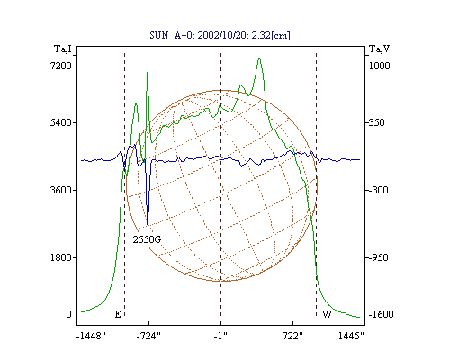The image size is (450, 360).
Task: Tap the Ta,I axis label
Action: click(x=63, y=49)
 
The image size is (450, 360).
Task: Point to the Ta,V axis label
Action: click(x=379, y=49)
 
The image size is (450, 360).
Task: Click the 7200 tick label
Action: click(x=61, y=66)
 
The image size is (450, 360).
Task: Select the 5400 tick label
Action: click(x=61, y=122)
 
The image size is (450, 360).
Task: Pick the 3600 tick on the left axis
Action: click(x=61, y=190)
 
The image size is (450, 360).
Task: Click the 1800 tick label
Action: click(x=61, y=257)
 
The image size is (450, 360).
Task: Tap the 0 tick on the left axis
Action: click(x=68, y=314)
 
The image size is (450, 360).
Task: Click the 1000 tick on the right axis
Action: click(x=379, y=66)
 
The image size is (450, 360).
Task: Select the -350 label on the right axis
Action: click(x=376, y=122)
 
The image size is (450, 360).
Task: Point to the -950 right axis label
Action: click(x=378, y=257)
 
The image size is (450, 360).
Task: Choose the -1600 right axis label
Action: click(x=381, y=314)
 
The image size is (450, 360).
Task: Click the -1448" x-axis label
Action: click(x=91, y=336)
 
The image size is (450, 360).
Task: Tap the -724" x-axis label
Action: click(x=148, y=336)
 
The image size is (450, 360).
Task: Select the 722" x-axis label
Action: click(x=292, y=336)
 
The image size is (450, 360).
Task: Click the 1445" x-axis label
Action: click(x=351, y=336)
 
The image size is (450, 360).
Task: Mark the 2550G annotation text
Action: click(x=147, y=239)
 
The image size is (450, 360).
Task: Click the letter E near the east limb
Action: click(x=118, y=314)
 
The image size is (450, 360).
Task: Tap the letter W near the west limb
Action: click(x=327, y=314)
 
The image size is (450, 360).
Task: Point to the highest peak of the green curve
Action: click(x=259, y=58)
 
